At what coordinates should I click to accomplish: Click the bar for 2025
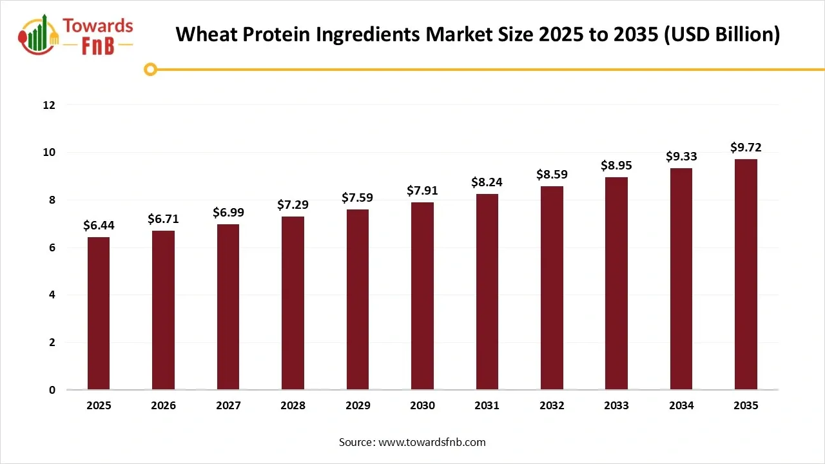[x=99, y=313]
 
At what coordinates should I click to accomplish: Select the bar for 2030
[x=422, y=296]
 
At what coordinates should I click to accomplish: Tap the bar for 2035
[x=746, y=275]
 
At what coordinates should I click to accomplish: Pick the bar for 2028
[x=293, y=303]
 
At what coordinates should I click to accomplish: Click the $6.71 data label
[x=163, y=219]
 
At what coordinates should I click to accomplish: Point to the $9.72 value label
[x=746, y=148]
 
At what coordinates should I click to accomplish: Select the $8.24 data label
[x=487, y=182]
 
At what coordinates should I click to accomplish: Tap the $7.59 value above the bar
[x=357, y=198]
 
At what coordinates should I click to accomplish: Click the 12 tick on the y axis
[x=50, y=105]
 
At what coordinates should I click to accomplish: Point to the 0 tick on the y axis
[x=52, y=390]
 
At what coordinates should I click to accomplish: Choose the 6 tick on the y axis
[x=52, y=247]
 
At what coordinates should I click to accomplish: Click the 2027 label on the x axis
[x=228, y=406]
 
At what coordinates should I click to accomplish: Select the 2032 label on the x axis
[x=552, y=406]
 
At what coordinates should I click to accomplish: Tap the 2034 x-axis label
[x=681, y=406]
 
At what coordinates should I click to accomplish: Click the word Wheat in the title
[x=201, y=34]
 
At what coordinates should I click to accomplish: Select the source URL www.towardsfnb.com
[x=432, y=442]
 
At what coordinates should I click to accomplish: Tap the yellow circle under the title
[x=150, y=69]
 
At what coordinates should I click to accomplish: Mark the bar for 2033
[x=616, y=284]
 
